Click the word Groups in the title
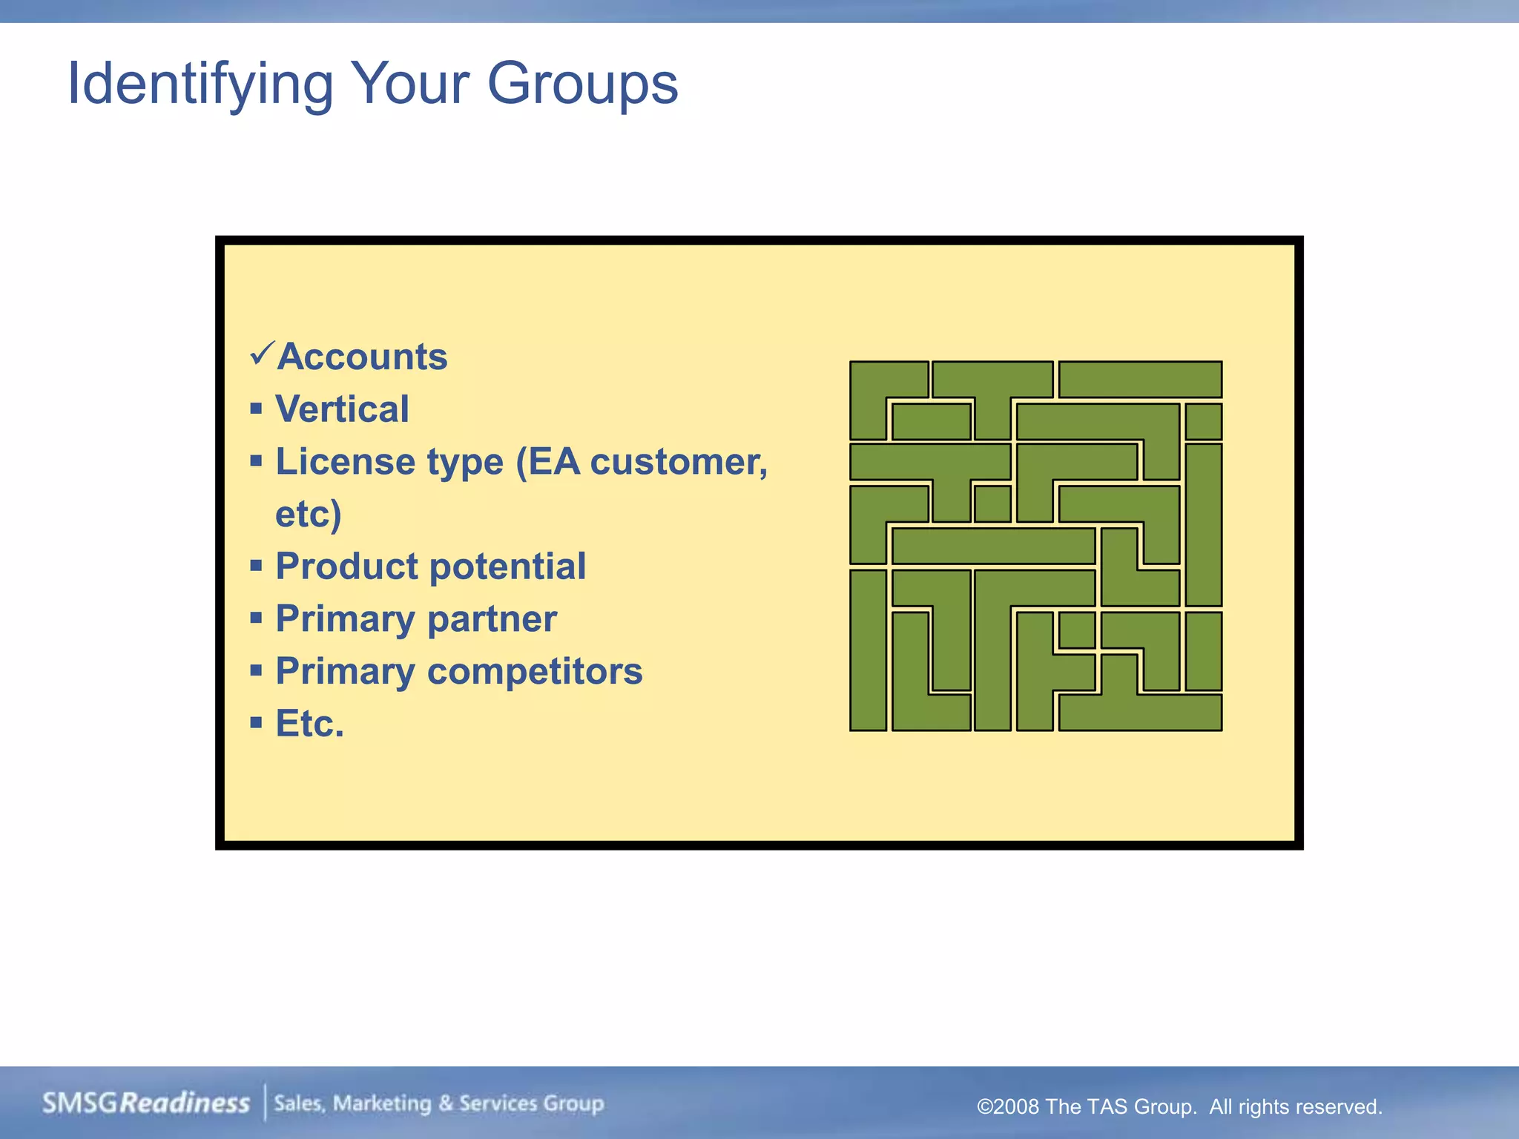coord(582,84)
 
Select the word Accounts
coord(362,357)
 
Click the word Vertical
coord(342,409)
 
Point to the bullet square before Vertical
coord(257,409)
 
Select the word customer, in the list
coord(679,462)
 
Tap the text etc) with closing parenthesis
coord(308,514)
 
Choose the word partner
coord(492,619)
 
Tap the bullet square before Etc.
coord(257,723)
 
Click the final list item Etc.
coord(310,724)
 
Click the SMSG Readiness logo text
coord(146,1103)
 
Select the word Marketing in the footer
coord(382,1103)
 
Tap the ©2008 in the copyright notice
coord(1008,1106)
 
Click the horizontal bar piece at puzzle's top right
coord(1140,380)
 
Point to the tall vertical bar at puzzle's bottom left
coord(868,650)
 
